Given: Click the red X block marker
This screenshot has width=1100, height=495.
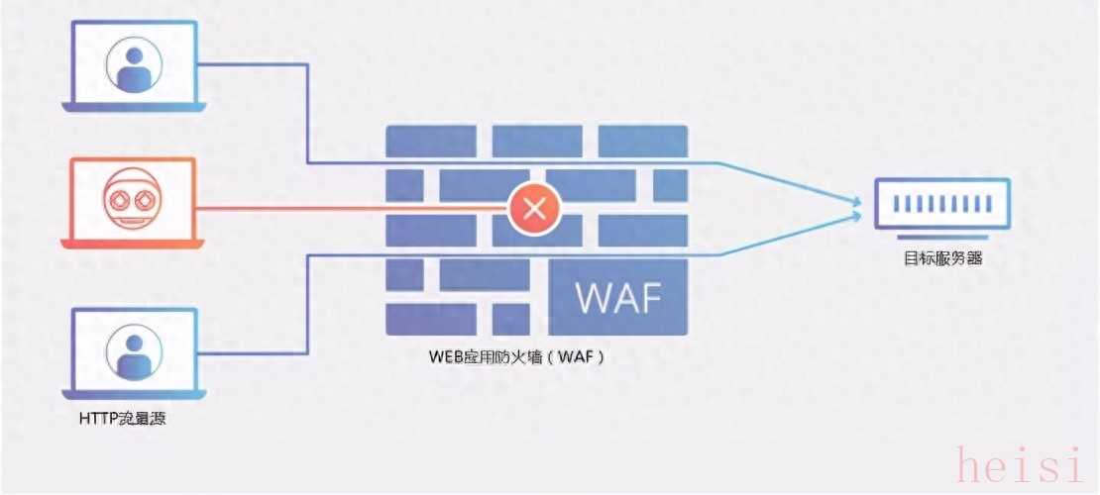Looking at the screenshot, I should tap(535, 209).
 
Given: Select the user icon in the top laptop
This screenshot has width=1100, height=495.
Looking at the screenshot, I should tap(132, 64).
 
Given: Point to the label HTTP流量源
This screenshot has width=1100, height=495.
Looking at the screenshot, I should tap(122, 419).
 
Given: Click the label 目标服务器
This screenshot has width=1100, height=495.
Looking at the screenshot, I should tap(942, 259).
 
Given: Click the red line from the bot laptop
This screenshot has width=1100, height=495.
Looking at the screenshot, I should tap(347, 208).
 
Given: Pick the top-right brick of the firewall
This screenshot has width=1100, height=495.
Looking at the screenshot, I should tap(642, 141).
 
